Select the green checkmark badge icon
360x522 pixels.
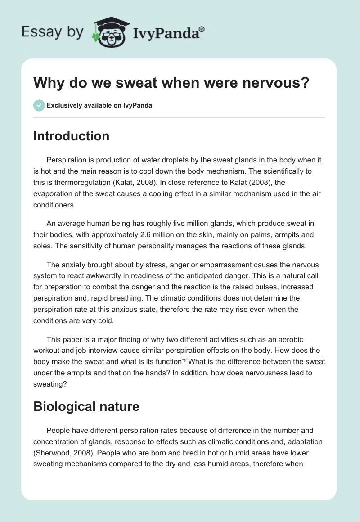39,105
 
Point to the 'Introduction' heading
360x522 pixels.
71,136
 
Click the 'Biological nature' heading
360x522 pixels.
86,407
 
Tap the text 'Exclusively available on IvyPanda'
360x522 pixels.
99,106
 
